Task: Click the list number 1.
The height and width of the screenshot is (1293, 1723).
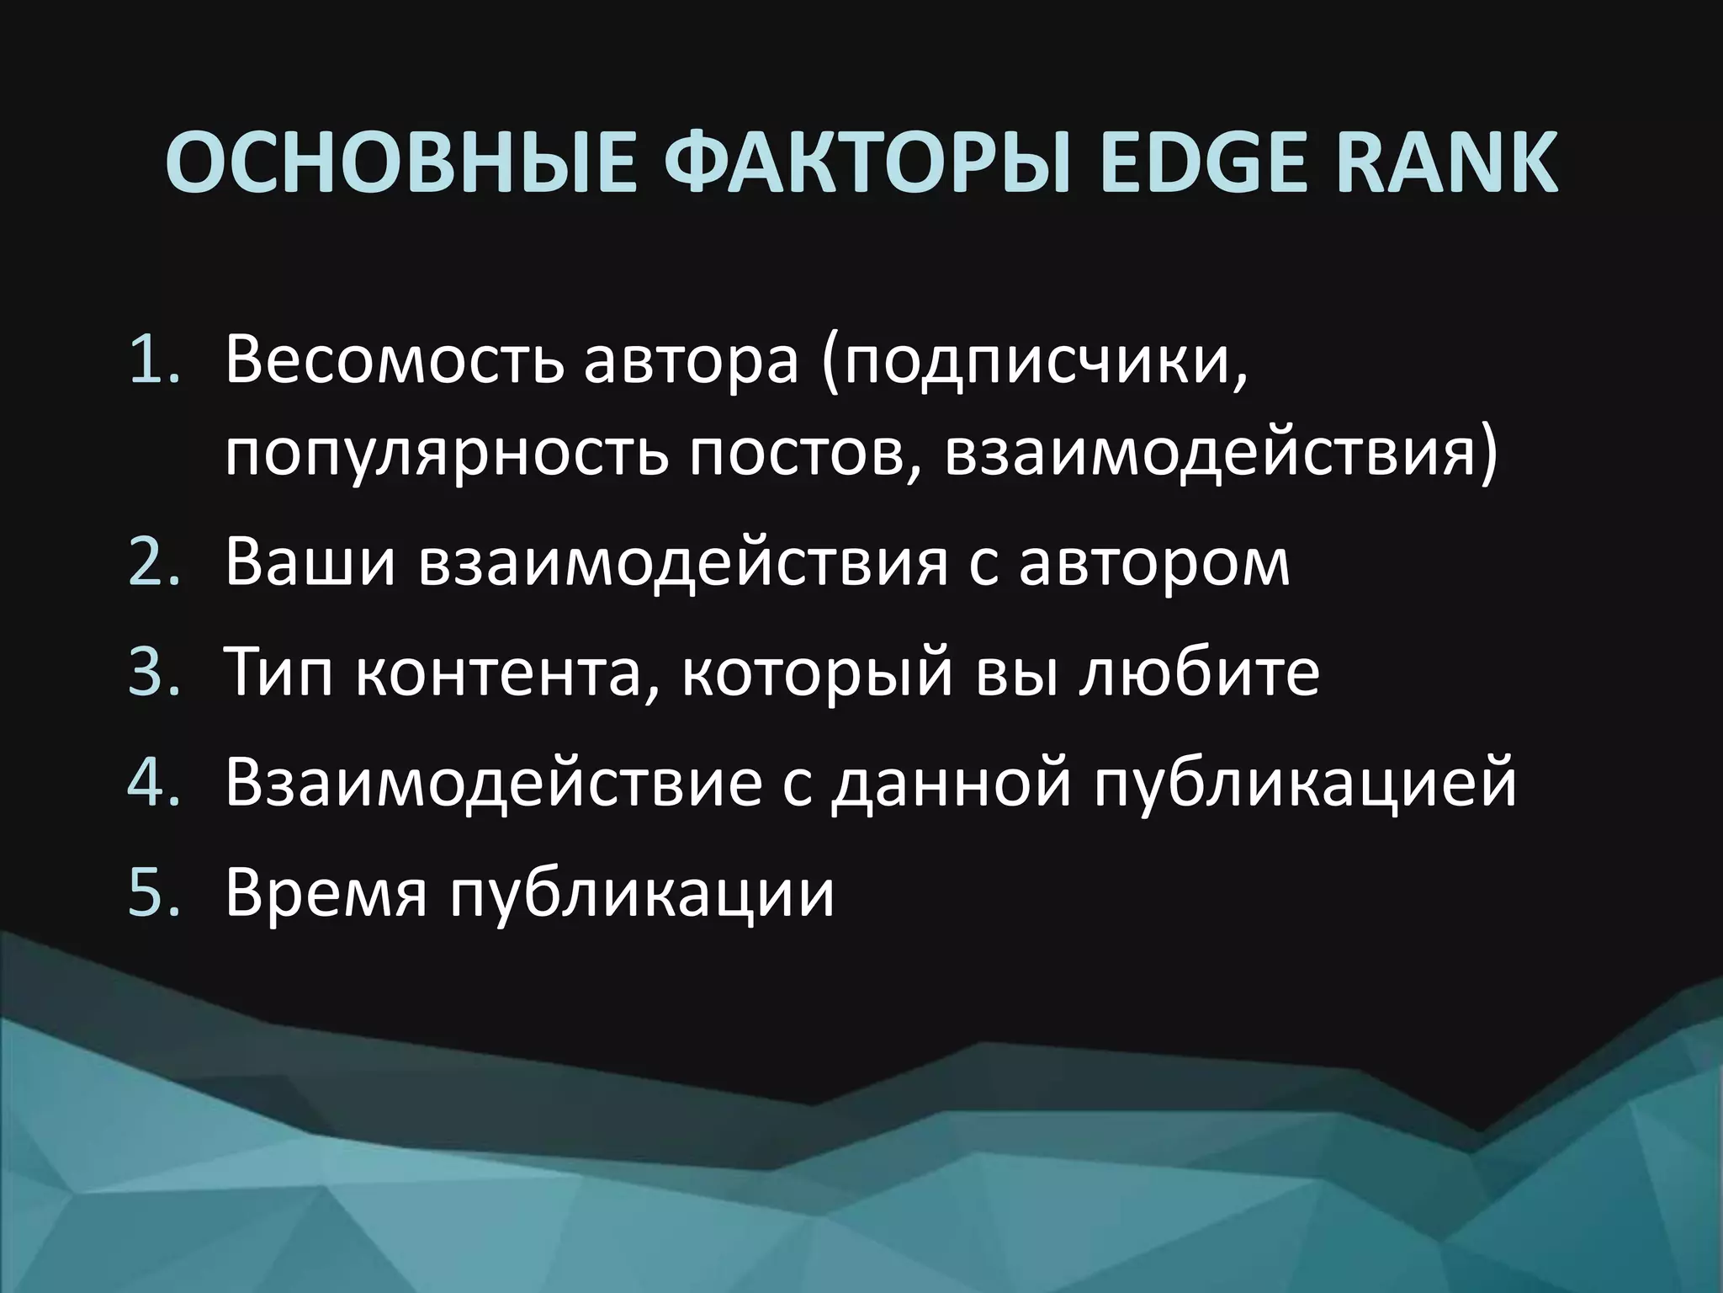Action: pos(155,363)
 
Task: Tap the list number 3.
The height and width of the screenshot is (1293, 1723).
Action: pos(155,673)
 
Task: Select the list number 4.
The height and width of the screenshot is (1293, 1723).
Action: pos(155,783)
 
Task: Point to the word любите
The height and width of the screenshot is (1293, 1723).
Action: pos(1198,673)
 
